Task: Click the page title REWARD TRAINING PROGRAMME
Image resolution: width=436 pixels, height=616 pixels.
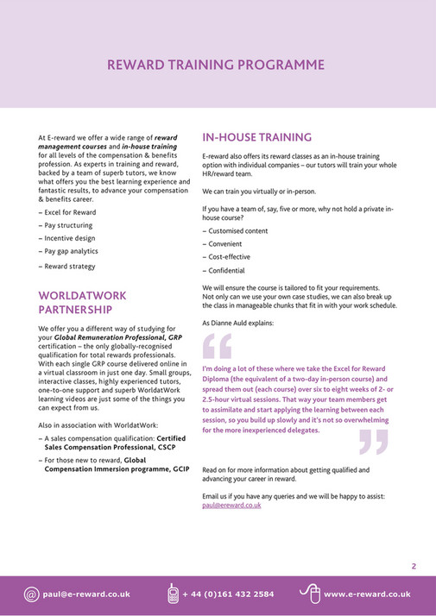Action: pyautogui.click(x=216, y=65)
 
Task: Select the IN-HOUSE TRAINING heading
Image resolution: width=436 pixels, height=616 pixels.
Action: pyautogui.click(x=256, y=137)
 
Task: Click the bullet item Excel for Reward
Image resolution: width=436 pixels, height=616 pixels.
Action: pyautogui.click(x=70, y=211)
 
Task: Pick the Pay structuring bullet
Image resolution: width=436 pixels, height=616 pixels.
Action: pyautogui.click(x=68, y=224)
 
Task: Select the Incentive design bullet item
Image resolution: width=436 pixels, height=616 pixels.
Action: pyautogui.click(x=70, y=237)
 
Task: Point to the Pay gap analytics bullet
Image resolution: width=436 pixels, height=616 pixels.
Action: pyautogui.click(x=71, y=251)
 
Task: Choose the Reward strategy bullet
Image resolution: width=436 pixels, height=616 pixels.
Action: pyautogui.click(x=70, y=267)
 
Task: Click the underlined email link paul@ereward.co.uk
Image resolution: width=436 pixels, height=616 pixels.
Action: pyautogui.click(x=231, y=506)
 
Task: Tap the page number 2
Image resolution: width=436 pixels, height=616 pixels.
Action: pyautogui.click(x=414, y=567)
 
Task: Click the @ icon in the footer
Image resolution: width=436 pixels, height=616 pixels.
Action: pyautogui.click(x=31, y=594)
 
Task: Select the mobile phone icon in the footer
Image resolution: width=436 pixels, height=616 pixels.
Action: pyautogui.click(x=173, y=594)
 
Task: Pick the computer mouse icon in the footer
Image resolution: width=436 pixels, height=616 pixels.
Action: pyautogui.click(x=308, y=594)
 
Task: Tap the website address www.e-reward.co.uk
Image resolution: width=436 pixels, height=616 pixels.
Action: pyautogui.click(x=367, y=594)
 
